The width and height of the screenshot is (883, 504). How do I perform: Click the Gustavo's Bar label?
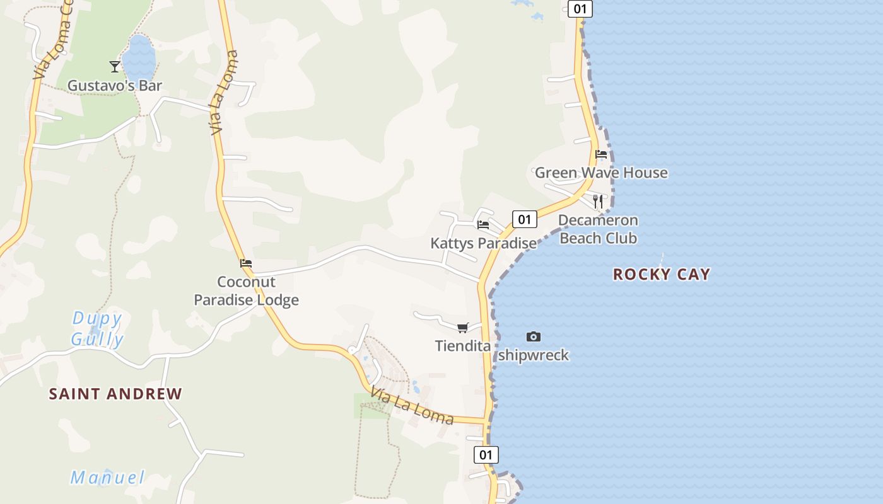(115, 86)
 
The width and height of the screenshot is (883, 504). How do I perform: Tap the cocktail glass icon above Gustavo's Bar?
(115, 66)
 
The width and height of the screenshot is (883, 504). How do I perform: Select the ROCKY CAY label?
(662, 274)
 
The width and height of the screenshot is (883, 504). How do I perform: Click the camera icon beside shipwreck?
(534, 337)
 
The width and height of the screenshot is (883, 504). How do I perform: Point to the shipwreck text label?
(534, 355)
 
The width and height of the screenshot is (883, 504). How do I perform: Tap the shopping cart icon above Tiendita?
(463, 328)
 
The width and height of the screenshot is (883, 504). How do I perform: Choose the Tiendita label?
(463, 346)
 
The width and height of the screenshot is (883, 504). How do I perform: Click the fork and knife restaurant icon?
(598, 202)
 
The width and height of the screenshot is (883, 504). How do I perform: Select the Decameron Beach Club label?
(598, 229)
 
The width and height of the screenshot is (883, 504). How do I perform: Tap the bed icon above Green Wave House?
(601, 154)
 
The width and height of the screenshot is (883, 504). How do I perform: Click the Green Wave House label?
(601, 173)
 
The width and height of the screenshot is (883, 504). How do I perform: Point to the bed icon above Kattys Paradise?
(483, 224)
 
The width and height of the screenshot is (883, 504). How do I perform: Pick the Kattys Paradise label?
(483, 243)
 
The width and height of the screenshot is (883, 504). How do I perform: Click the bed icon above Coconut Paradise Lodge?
(246, 263)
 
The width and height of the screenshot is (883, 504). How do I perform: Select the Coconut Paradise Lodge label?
(246, 290)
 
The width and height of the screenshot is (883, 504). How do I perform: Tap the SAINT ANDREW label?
(115, 394)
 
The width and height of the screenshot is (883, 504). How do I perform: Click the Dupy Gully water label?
(97, 329)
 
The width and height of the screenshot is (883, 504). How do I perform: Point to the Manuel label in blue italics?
(107, 478)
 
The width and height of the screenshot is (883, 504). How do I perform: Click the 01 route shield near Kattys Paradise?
(524, 219)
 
